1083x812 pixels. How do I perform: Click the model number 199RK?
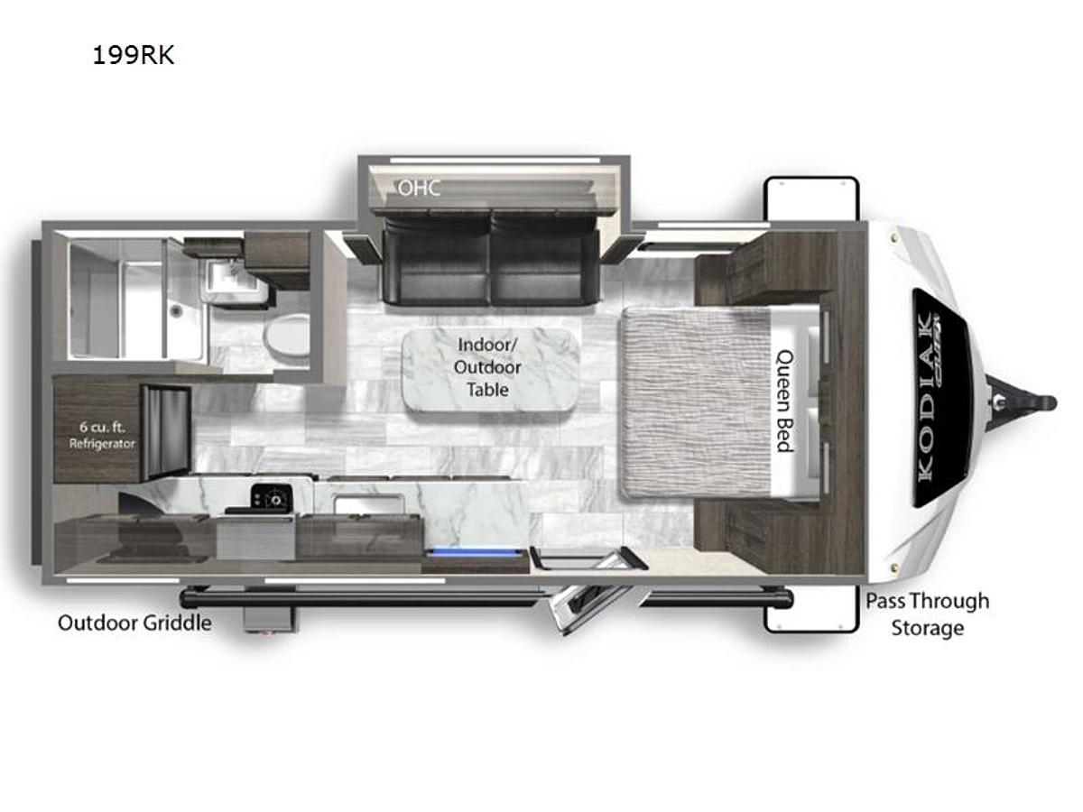134,55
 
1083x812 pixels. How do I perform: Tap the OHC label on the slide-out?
419,188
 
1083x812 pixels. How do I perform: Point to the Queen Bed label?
784,401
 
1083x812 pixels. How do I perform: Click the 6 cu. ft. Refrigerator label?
102,436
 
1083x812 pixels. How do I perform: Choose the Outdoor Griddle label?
134,623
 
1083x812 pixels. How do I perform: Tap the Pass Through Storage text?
928,614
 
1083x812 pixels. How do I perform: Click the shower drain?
174,310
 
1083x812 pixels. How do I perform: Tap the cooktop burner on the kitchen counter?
271,497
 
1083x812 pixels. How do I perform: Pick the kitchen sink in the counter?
368,504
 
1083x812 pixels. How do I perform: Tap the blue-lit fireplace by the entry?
476,555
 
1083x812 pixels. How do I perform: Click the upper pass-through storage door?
811,198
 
